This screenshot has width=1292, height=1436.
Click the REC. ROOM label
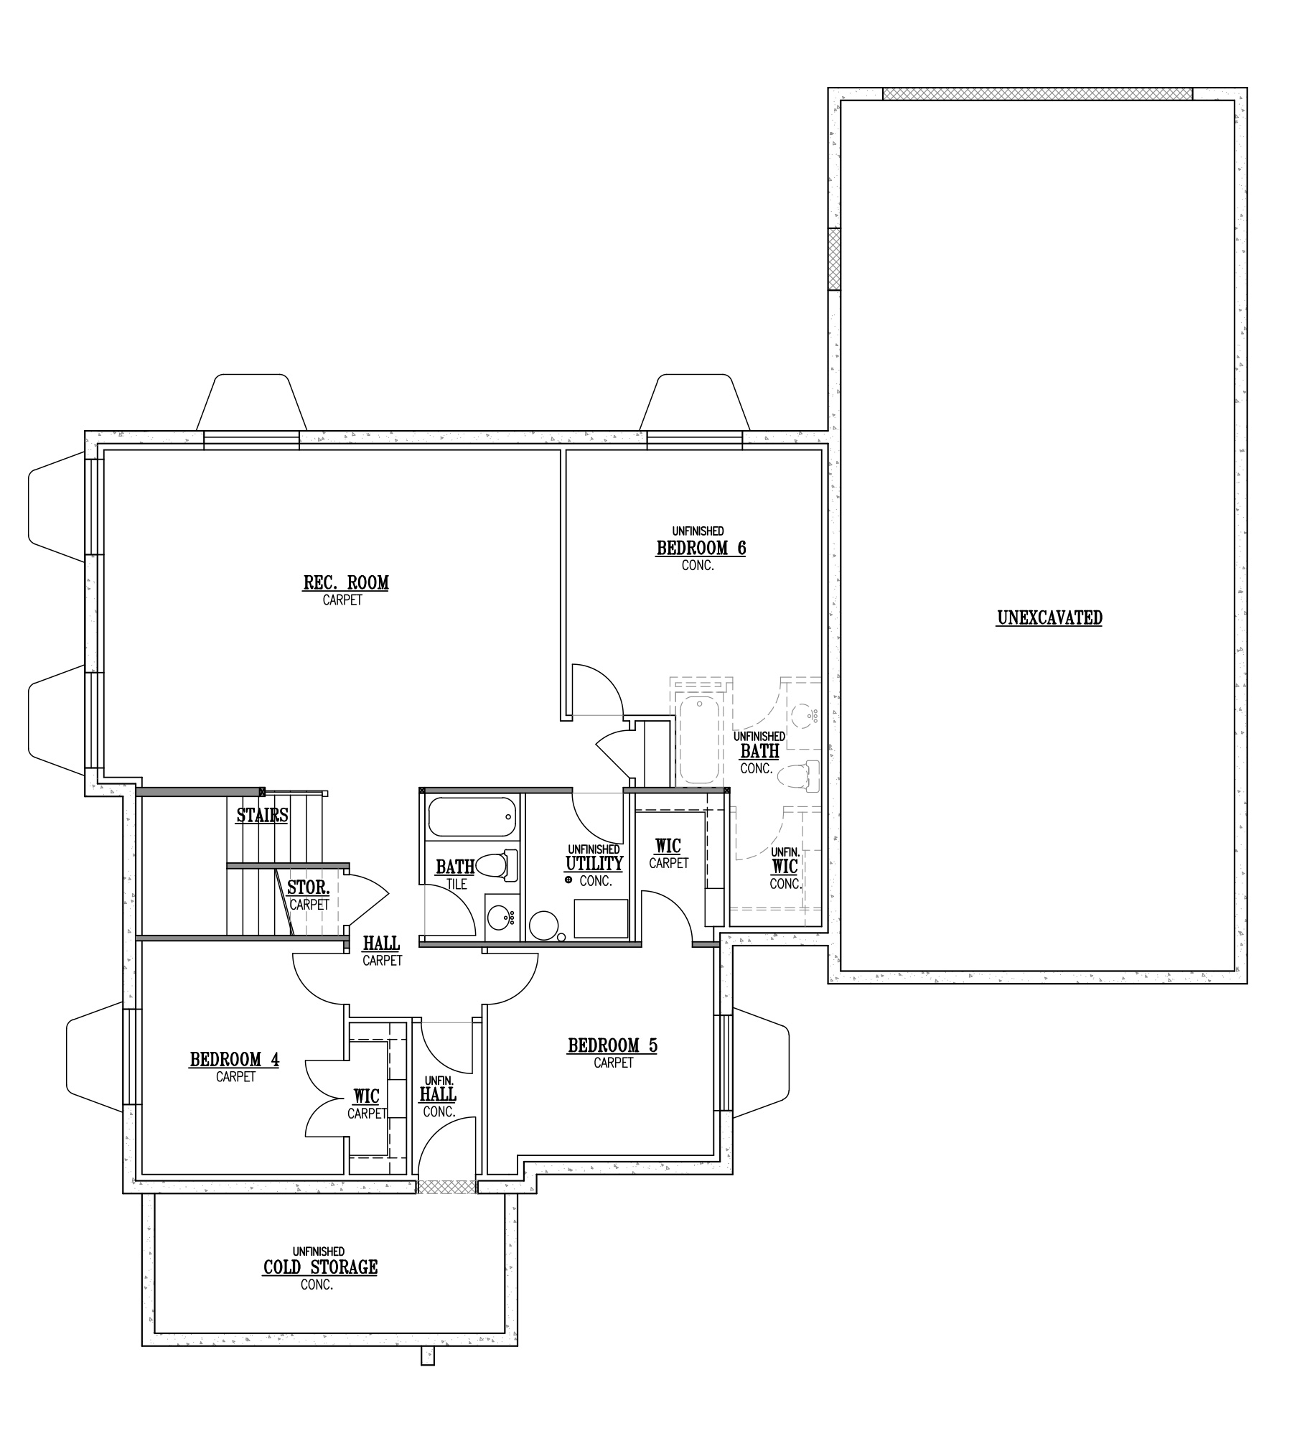click(345, 582)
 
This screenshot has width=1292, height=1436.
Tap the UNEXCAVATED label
click(1049, 617)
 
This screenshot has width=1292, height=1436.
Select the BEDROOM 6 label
click(701, 548)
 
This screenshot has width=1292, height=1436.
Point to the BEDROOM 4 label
click(234, 1060)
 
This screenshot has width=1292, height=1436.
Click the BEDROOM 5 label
click(612, 1045)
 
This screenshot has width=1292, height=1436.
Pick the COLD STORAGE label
click(320, 1267)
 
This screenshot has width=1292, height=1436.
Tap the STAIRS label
click(262, 816)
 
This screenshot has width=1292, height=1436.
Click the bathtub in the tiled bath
click(472, 817)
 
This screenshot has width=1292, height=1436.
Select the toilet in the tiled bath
click(497, 865)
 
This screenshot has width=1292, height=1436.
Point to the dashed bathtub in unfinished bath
click(698, 740)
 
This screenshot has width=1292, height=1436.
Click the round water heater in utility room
click(544, 926)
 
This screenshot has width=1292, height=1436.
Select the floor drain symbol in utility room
click(568, 880)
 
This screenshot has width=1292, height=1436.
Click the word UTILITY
click(594, 863)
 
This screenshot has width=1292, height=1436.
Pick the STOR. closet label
click(309, 887)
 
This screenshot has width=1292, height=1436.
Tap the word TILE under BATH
click(457, 885)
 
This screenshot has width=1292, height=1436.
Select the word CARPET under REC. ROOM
click(342, 600)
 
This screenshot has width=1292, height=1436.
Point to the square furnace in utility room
click(601, 918)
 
